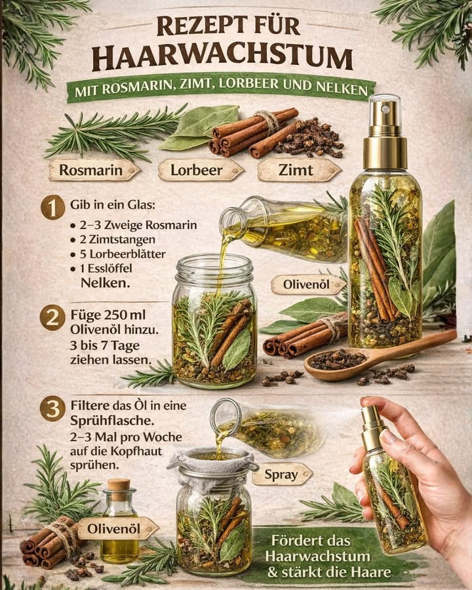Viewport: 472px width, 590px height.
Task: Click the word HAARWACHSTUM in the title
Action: click(x=222, y=58)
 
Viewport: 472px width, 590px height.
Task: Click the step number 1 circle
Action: click(x=53, y=207)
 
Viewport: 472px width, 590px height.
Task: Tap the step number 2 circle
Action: click(x=52, y=318)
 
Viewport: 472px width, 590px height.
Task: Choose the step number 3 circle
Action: click(x=52, y=409)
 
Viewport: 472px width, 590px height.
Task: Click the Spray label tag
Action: click(x=282, y=474)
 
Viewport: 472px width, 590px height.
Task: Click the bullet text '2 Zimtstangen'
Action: click(x=117, y=239)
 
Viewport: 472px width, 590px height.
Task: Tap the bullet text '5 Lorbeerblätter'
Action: click(x=123, y=254)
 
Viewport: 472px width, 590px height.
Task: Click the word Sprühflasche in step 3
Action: click(x=113, y=421)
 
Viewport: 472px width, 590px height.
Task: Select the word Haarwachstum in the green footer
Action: click(x=317, y=557)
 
